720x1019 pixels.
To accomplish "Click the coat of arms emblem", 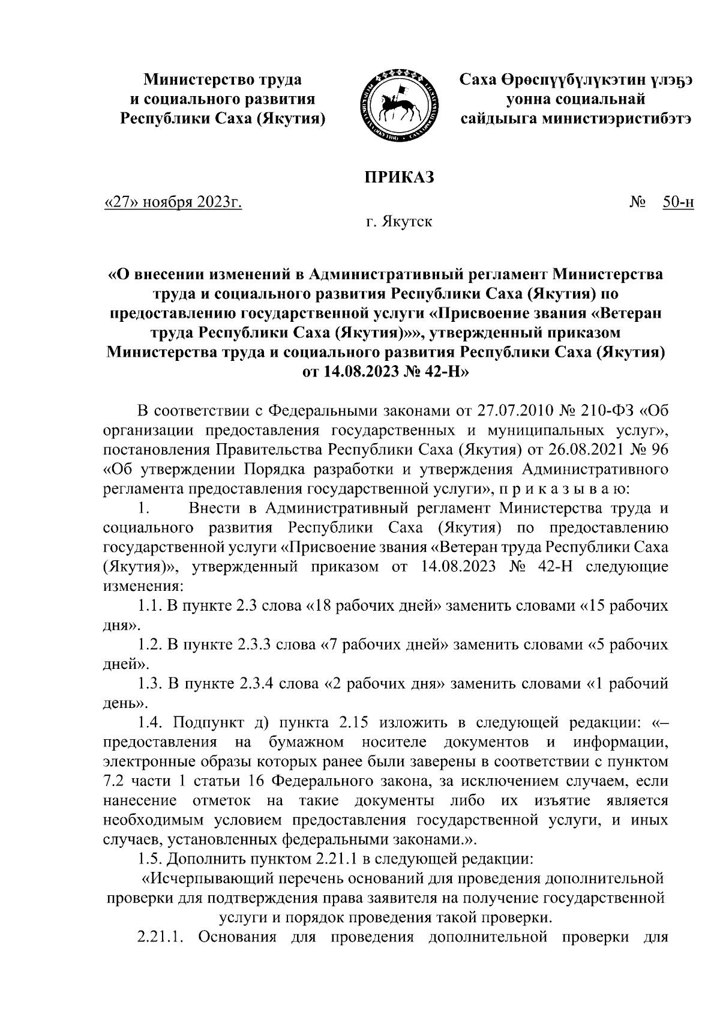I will coord(397,106).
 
